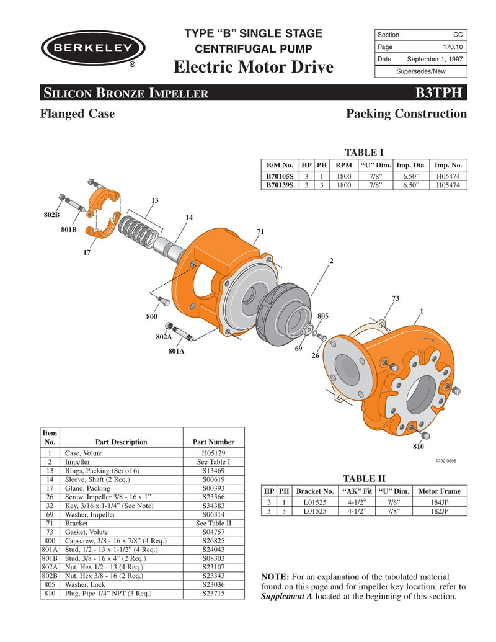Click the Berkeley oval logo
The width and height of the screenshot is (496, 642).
coord(93,48)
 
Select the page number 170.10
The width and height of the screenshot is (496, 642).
coord(451,47)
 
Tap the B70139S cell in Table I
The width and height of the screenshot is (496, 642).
coord(280,185)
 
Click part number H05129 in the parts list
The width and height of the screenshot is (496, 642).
coord(213,453)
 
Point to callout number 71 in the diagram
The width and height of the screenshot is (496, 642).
coord(260,231)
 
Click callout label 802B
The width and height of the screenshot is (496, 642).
coord(51,215)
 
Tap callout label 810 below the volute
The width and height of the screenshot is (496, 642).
coord(419,447)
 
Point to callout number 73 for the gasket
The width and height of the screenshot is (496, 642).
coord(395,298)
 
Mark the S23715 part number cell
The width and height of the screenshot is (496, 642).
coord(213,593)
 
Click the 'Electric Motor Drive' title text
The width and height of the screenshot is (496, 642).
coord(254,66)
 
